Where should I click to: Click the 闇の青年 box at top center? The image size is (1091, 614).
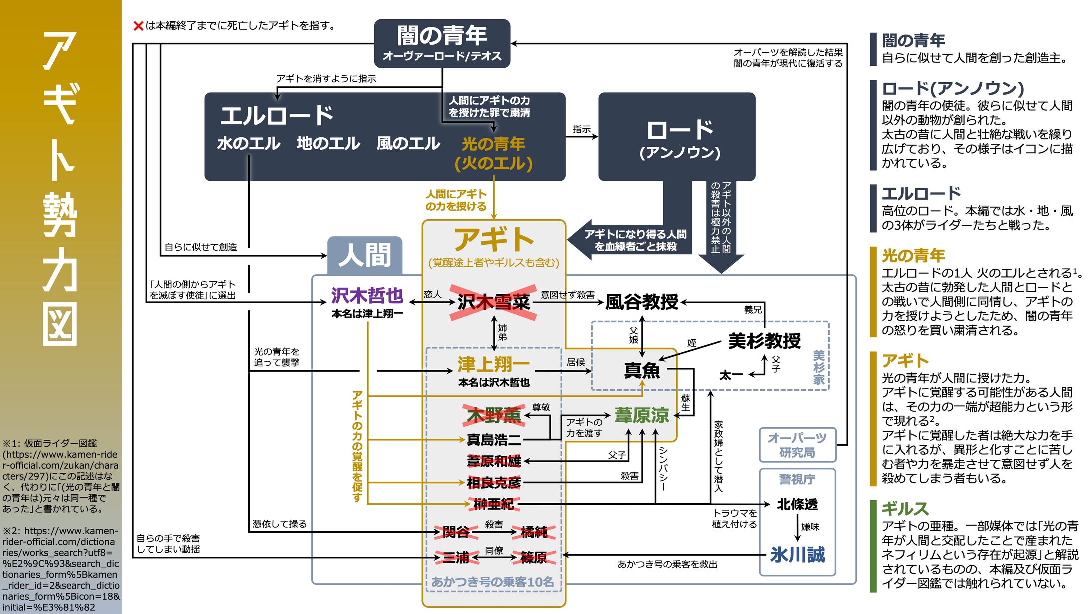click(x=442, y=43)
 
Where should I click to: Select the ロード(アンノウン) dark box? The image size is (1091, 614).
click(x=677, y=137)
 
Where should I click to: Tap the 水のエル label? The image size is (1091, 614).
click(x=248, y=144)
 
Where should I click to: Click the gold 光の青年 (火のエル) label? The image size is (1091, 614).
click(x=493, y=153)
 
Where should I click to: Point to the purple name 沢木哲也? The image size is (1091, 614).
click(x=367, y=296)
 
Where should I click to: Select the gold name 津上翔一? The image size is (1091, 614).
click(x=493, y=364)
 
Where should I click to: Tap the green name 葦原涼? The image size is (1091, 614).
click(x=641, y=415)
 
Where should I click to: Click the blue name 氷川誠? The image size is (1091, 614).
click(x=797, y=555)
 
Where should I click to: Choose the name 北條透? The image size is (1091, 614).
click(x=797, y=504)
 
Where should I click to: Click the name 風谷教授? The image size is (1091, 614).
click(x=641, y=302)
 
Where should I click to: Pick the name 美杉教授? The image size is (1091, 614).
click(x=764, y=341)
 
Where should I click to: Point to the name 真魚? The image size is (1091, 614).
click(x=642, y=370)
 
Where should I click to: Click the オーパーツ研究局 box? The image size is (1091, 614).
click(x=797, y=445)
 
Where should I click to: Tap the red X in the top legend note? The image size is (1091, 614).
click(x=138, y=26)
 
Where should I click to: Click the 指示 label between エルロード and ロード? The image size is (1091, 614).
click(x=581, y=129)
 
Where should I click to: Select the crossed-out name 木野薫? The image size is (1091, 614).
click(x=493, y=415)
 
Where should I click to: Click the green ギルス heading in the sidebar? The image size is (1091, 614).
click(x=905, y=509)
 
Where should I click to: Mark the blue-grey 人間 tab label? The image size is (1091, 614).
click(x=364, y=255)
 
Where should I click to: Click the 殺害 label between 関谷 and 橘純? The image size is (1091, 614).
click(x=494, y=524)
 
